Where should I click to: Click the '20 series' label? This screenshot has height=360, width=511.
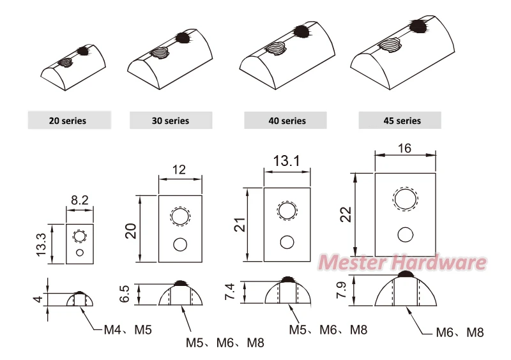68,120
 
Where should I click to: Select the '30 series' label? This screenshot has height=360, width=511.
170,120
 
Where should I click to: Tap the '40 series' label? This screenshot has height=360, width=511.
285,120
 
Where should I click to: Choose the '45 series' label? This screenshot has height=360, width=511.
400,120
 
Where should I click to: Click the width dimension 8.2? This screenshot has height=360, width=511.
80,200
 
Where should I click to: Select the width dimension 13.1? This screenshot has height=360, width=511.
287,161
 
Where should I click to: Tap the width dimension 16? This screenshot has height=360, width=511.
404,148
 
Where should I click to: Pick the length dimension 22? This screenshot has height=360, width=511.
346,214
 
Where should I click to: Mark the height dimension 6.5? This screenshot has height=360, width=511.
125,294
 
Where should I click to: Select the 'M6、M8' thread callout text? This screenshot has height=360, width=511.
459,333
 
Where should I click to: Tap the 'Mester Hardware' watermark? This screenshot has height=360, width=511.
402,262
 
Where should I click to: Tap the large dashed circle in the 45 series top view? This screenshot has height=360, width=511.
404,199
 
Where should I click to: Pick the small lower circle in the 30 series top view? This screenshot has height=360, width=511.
180,244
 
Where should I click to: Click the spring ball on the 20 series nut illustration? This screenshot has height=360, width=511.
82,50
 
